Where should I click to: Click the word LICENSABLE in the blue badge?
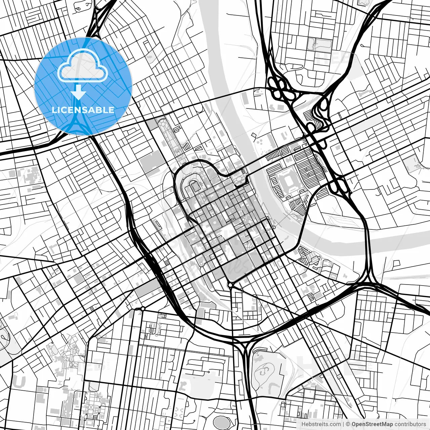(83, 110)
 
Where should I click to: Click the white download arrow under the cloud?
(79, 92)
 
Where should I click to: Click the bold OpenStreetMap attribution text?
(372, 424)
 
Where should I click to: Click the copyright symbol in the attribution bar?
(348, 424)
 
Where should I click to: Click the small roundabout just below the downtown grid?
(230, 285)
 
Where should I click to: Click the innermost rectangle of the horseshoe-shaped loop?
(194, 184)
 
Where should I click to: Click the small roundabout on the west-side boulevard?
(143, 308)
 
